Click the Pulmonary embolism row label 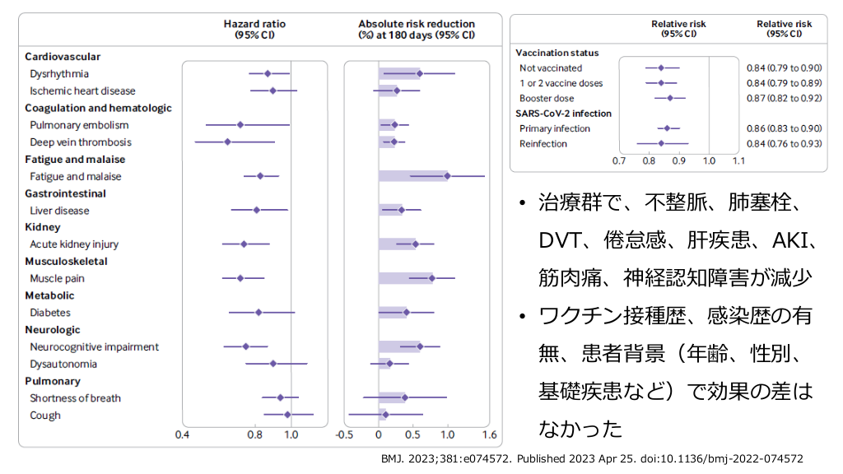pyautogui.click(x=79, y=125)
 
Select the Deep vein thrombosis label pyautogui.click(x=80, y=142)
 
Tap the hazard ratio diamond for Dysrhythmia pyautogui.click(x=268, y=74)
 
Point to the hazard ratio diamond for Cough pyautogui.click(x=287, y=415)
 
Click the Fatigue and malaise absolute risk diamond pyautogui.click(x=447, y=176)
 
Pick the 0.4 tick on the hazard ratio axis pyautogui.click(x=183, y=434)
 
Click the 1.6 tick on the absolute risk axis pyautogui.click(x=490, y=434)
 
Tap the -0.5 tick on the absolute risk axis pyautogui.click(x=345, y=434)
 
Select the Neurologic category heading pyautogui.click(x=53, y=330)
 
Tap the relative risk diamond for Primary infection pyautogui.click(x=668, y=128)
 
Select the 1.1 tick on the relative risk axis pyautogui.click(x=738, y=160)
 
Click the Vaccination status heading pyautogui.click(x=557, y=53)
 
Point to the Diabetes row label pyautogui.click(x=50, y=313)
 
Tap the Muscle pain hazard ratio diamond pyautogui.click(x=240, y=278)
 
